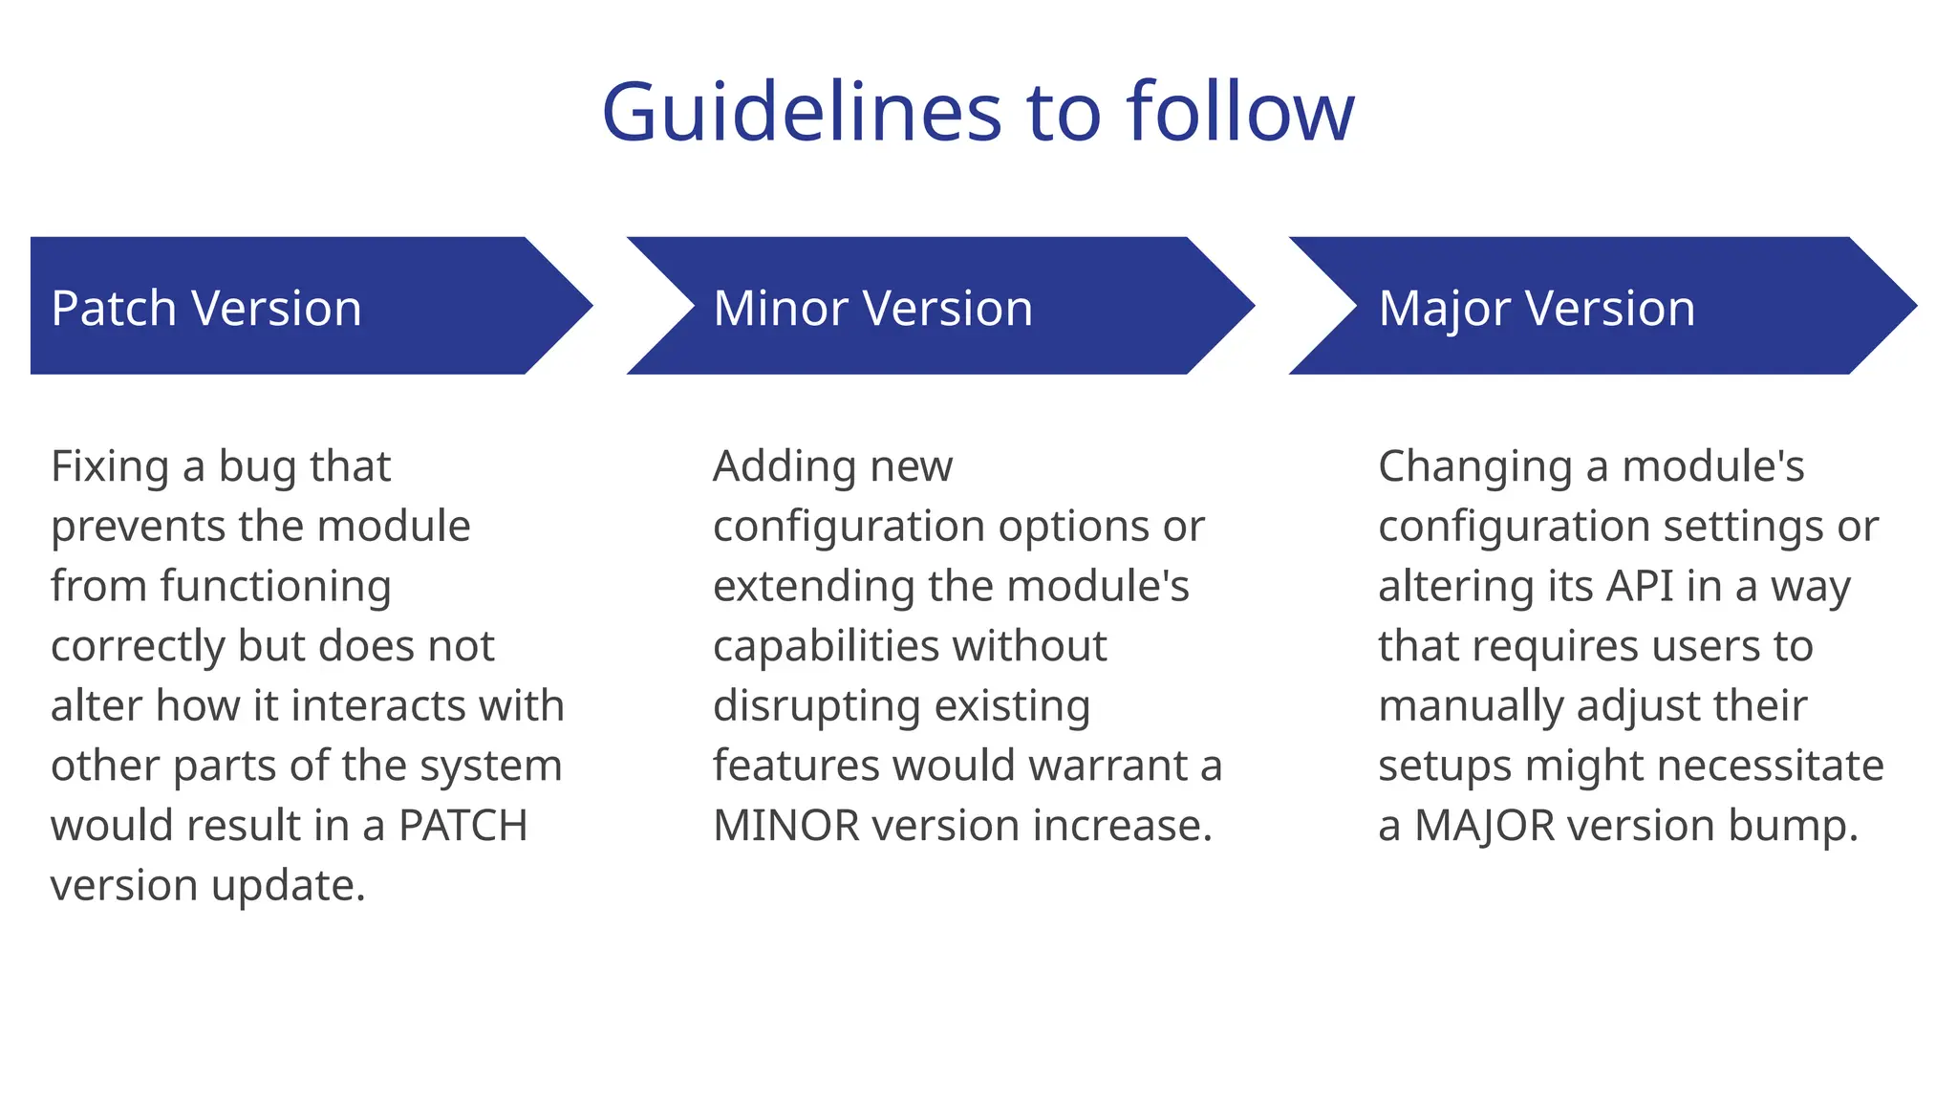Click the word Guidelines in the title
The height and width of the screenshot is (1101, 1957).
801,113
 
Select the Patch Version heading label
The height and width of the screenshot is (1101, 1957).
206,309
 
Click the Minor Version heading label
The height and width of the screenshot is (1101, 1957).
872,309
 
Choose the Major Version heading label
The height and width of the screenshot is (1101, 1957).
1537,309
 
